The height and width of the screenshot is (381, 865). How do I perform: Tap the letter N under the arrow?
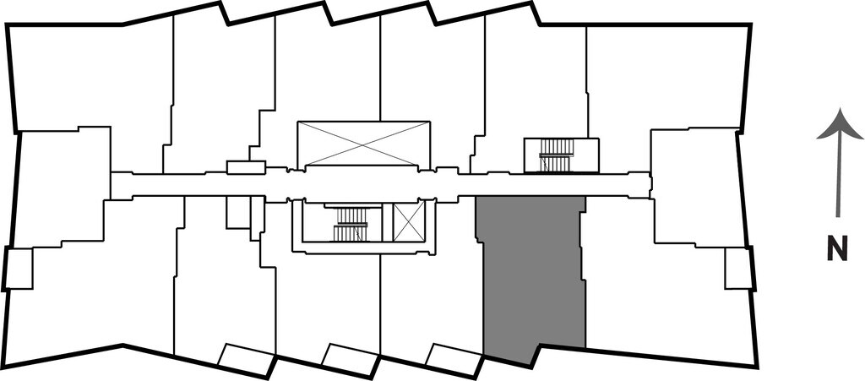(x=837, y=250)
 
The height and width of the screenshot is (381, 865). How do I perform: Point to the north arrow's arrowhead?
(x=840, y=125)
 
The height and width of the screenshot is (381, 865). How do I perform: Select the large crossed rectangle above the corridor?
(x=364, y=144)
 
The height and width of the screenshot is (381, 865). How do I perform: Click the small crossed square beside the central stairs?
(x=410, y=221)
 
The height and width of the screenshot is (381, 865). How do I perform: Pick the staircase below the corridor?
(x=351, y=223)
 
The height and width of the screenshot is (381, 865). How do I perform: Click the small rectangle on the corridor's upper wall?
(x=247, y=167)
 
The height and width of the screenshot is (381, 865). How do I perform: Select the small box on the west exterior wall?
(x=19, y=269)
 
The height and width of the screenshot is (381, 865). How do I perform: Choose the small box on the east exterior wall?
(x=737, y=269)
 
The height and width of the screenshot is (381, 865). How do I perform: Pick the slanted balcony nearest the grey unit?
(x=453, y=358)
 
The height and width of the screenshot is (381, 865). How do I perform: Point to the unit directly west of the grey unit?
(x=431, y=296)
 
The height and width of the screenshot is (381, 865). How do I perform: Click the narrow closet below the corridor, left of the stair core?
(x=238, y=213)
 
